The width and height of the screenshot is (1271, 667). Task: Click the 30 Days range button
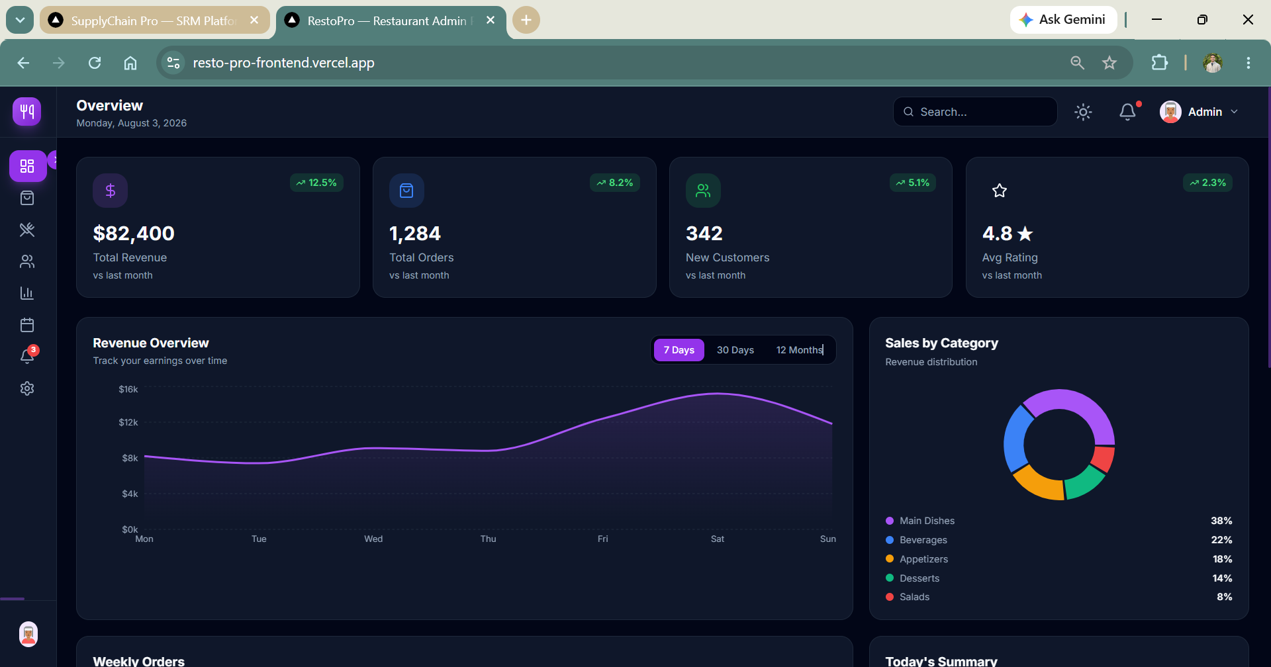point(735,350)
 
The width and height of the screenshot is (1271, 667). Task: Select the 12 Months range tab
point(800,350)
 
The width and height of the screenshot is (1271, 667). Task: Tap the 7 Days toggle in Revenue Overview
point(679,350)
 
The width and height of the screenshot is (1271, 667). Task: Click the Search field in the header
point(975,112)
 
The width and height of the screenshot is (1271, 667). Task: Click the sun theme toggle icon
point(1083,112)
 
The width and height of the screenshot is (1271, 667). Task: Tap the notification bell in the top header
point(1128,112)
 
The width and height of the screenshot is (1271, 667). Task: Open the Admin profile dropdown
point(1199,112)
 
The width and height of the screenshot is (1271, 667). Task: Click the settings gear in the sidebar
point(27,388)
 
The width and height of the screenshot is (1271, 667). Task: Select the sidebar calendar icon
point(27,325)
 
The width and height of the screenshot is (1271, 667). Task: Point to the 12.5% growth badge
point(316,183)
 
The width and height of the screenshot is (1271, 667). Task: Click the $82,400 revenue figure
point(134,234)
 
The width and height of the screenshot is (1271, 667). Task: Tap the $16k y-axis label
point(128,389)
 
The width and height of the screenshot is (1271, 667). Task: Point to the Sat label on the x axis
point(718,539)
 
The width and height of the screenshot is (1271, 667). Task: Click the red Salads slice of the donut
point(1104,458)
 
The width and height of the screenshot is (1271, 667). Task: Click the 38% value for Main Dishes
point(1221,521)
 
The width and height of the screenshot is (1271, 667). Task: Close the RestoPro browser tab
point(491,21)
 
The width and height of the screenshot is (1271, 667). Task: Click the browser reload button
point(95,63)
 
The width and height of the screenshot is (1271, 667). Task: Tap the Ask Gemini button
point(1063,20)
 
